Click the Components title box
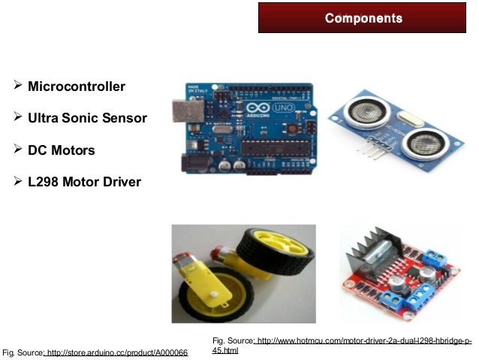pyautogui.click(x=363, y=18)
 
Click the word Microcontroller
pyautogui.click(x=77, y=87)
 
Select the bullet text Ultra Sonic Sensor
pyautogui.click(x=87, y=119)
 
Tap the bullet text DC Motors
pyautogui.click(x=62, y=150)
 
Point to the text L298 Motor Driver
pyautogui.click(x=84, y=181)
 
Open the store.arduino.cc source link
pyautogui.click(x=116, y=352)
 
